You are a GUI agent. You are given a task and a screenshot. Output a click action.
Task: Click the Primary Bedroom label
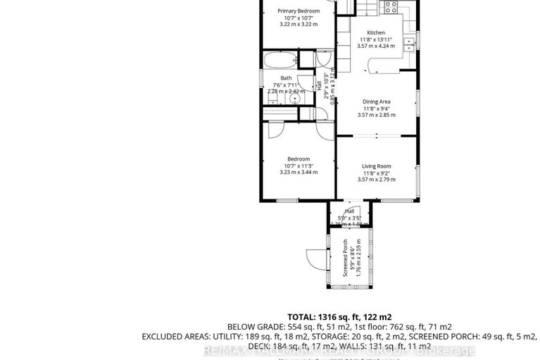coord(298,11)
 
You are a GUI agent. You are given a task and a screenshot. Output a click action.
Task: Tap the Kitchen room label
coord(375,32)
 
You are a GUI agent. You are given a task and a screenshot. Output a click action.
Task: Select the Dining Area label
coord(375,101)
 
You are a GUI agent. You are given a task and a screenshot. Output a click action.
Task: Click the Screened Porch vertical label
coord(345,257)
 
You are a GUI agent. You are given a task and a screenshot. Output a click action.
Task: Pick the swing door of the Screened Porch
coord(314,259)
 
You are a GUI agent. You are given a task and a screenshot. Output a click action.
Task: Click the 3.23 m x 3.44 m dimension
coord(298,172)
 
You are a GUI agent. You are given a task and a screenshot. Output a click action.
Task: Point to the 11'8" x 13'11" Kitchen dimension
coord(375,39)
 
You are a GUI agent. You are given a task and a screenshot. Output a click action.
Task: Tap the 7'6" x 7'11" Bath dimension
coord(286,85)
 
